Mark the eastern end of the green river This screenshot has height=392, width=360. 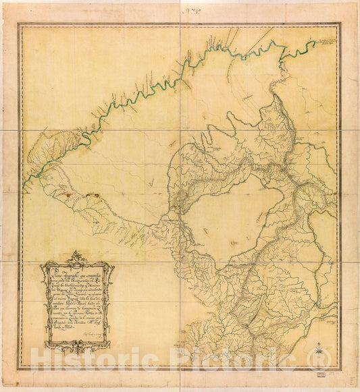click(x=315, y=42)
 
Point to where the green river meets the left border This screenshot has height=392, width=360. click(x=24, y=184)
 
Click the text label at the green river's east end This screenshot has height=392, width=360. click(x=328, y=41)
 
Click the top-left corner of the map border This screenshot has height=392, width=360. click(x=18, y=24)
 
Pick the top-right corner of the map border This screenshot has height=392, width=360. click(x=341, y=24)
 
